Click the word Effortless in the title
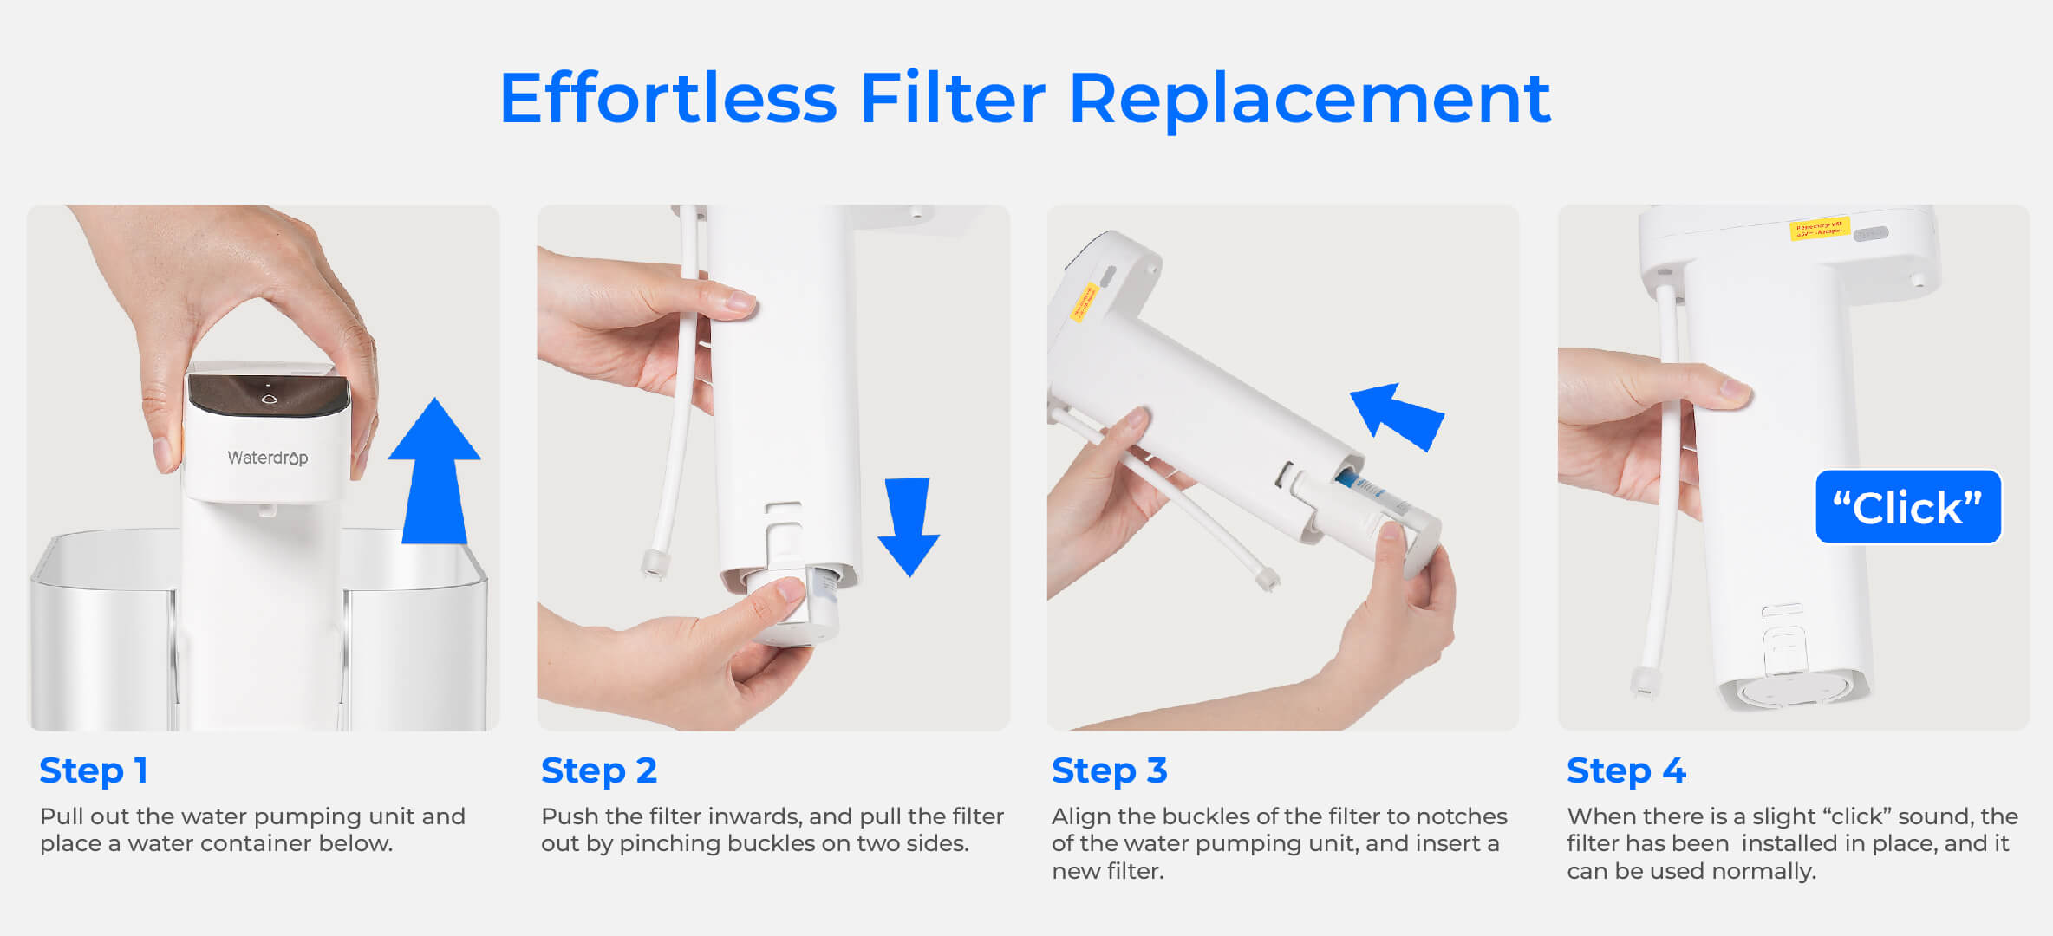click(668, 99)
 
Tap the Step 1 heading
click(94, 770)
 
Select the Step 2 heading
click(599, 770)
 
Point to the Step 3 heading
click(1110, 770)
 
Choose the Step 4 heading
click(1626, 770)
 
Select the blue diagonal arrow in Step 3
click(1398, 416)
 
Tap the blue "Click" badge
click(1907, 507)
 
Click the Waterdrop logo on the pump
click(267, 458)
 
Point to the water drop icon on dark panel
click(269, 399)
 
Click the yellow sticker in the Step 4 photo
click(1819, 229)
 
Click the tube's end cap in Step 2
click(654, 564)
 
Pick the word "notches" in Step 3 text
click(1462, 816)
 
